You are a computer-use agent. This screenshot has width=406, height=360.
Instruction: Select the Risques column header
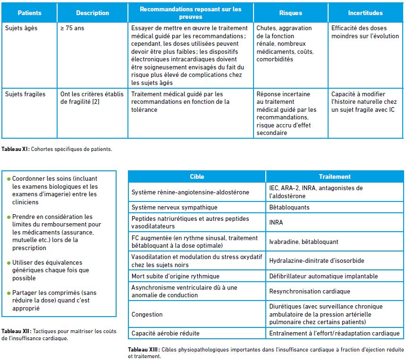290,13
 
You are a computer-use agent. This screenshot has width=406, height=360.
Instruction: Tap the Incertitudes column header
365,13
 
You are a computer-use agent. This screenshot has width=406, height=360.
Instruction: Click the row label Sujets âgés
21,28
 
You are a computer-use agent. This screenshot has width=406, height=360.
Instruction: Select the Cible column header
197,176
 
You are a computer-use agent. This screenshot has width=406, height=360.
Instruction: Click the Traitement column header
335,176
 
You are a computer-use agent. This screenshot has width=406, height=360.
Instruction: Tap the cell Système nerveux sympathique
174,207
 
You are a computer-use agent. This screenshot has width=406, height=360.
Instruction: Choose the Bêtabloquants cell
289,207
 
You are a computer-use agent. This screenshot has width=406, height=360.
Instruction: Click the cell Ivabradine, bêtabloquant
304,242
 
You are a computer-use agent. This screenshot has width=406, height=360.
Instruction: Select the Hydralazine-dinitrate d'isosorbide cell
316,260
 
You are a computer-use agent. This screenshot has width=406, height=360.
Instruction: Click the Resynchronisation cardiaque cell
309,292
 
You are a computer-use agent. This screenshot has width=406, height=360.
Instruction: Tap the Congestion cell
147,314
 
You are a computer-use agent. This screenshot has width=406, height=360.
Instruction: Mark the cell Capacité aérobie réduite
165,334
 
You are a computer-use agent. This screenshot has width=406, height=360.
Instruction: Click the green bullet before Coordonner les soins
8,179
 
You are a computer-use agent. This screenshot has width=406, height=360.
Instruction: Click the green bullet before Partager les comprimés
8,293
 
